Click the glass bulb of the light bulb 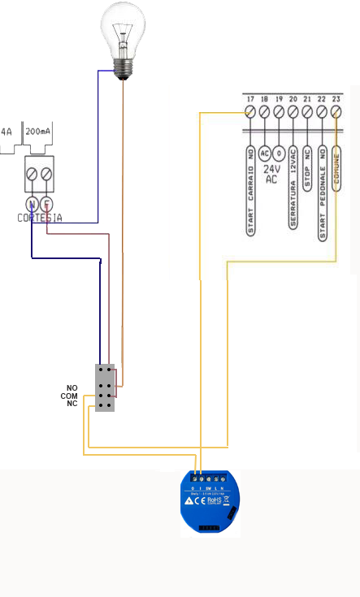tap(123, 28)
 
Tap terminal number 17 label tap(250, 98)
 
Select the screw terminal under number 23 tap(336, 111)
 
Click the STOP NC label tap(307, 169)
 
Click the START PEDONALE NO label tap(322, 193)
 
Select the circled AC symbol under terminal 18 tap(265, 153)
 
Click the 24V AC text tap(271, 174)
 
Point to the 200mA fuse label tap(37, 131)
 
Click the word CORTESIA tap(40, 218)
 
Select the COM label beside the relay tap(69, 396)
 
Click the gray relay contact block tap(105, 387)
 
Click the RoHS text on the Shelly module tap(215, 501)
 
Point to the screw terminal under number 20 tap(293, 111)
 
